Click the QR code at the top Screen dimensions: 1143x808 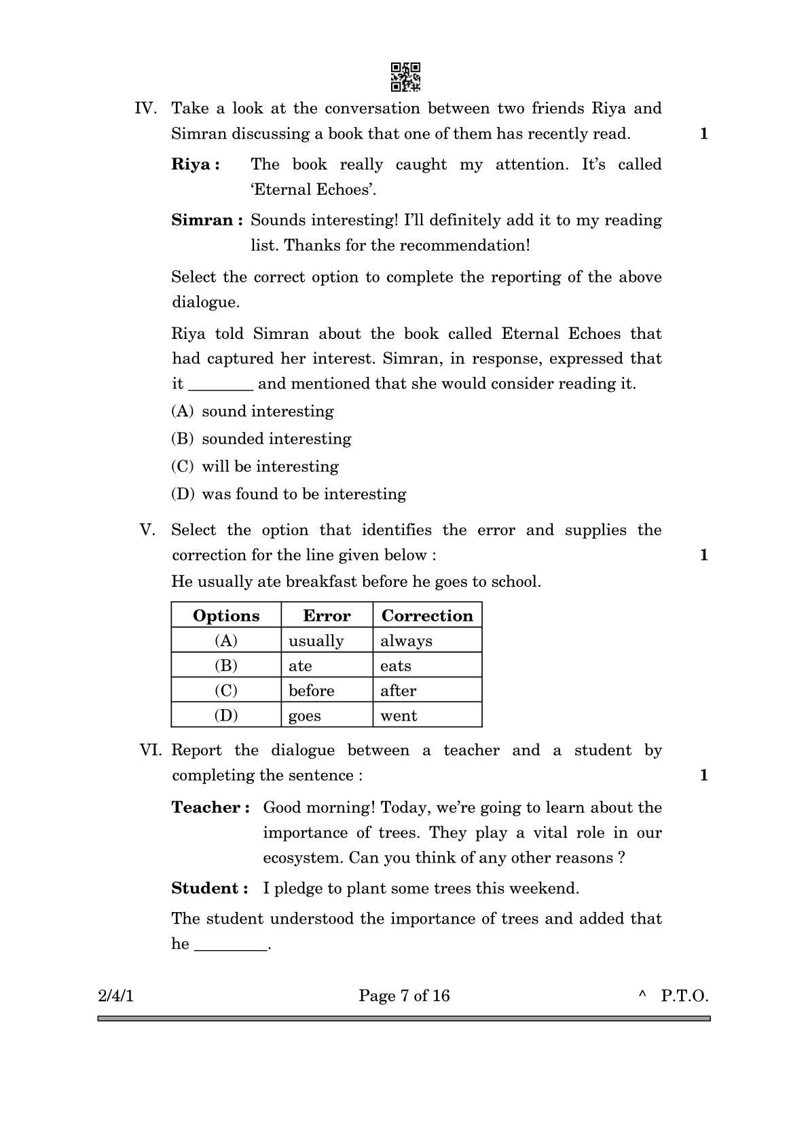(405, 77)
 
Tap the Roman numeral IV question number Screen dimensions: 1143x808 (145, 109)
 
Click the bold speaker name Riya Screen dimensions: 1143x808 (195, 165)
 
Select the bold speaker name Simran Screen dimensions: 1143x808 (206, 221)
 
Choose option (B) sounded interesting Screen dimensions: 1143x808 (261, 439)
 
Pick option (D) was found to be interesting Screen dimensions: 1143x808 (289, 494)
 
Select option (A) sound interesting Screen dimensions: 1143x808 (253, 412)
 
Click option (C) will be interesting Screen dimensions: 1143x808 (255, 467)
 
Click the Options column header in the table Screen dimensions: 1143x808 (226, 615)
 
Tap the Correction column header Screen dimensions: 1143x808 (427, 615)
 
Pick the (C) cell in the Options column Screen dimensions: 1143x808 (226, 691)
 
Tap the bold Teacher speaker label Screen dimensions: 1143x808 (210, 808)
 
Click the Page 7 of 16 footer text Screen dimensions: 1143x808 (404, 996)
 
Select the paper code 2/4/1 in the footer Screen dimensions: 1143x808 (116, 996)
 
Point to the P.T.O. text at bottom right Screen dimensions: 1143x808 (684, 996)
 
